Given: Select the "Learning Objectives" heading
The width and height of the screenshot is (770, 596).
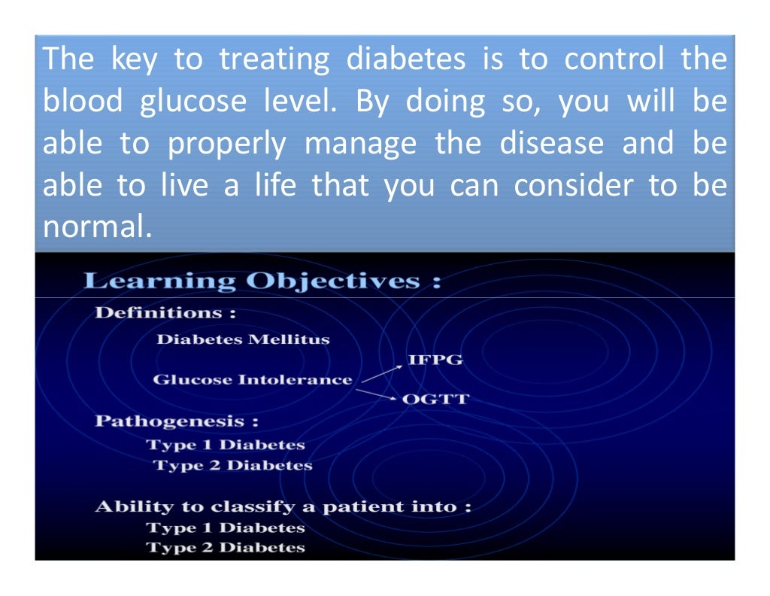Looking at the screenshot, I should [262, 281].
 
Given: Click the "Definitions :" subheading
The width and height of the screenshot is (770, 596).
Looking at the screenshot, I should [165, 312].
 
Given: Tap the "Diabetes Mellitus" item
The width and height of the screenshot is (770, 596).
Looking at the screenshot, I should [243, 339].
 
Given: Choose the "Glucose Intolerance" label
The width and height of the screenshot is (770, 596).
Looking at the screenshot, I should [252, 380].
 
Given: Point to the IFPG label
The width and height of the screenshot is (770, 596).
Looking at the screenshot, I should [435, 360].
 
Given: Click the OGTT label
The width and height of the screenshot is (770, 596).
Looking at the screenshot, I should [435, 400].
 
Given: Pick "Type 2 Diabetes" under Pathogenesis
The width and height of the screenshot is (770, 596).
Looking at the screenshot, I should [232, 466].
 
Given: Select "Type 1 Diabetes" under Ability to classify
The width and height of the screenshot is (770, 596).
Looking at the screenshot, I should [226, 528].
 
